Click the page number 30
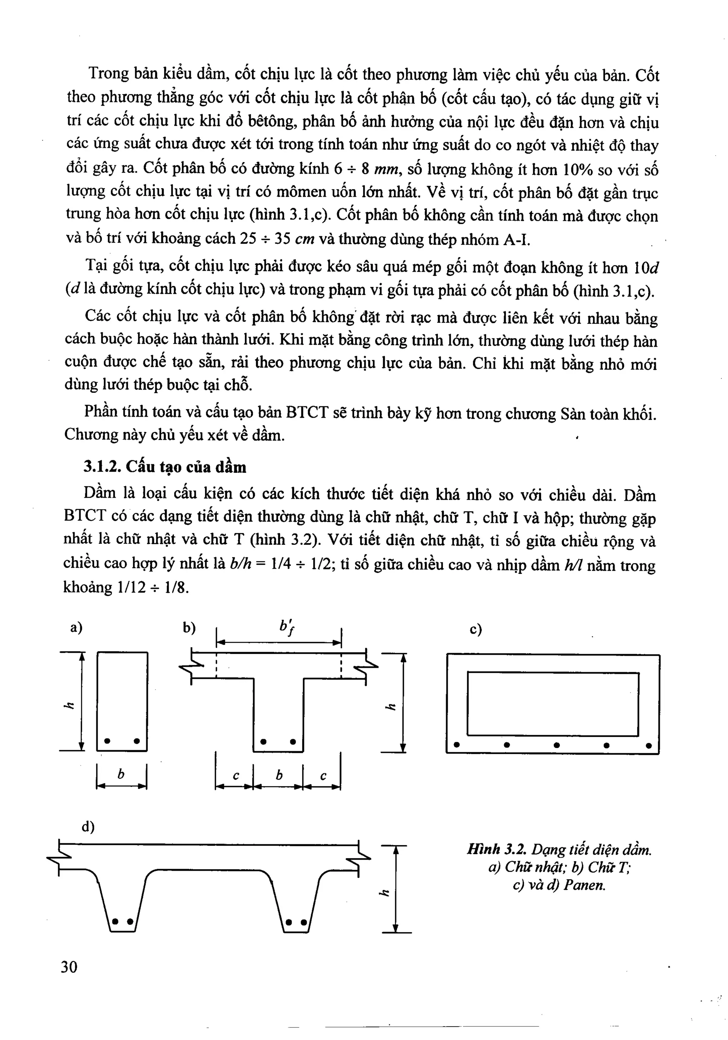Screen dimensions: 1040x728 (x=69, y=967)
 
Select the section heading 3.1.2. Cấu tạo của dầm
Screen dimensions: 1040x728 (x=165, y=467)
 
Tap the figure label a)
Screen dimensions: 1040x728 (x=76, y=628)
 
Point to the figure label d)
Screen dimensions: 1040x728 (x=88, y=827)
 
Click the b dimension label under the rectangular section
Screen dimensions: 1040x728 (x=121, y=775)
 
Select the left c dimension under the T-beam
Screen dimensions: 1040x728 (x=236, y=776)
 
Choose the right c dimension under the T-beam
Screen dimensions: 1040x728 (x=323, y=776)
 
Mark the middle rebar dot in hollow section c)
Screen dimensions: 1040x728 (x=557, y=745)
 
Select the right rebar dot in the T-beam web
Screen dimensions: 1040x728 (x=293, y=742)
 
